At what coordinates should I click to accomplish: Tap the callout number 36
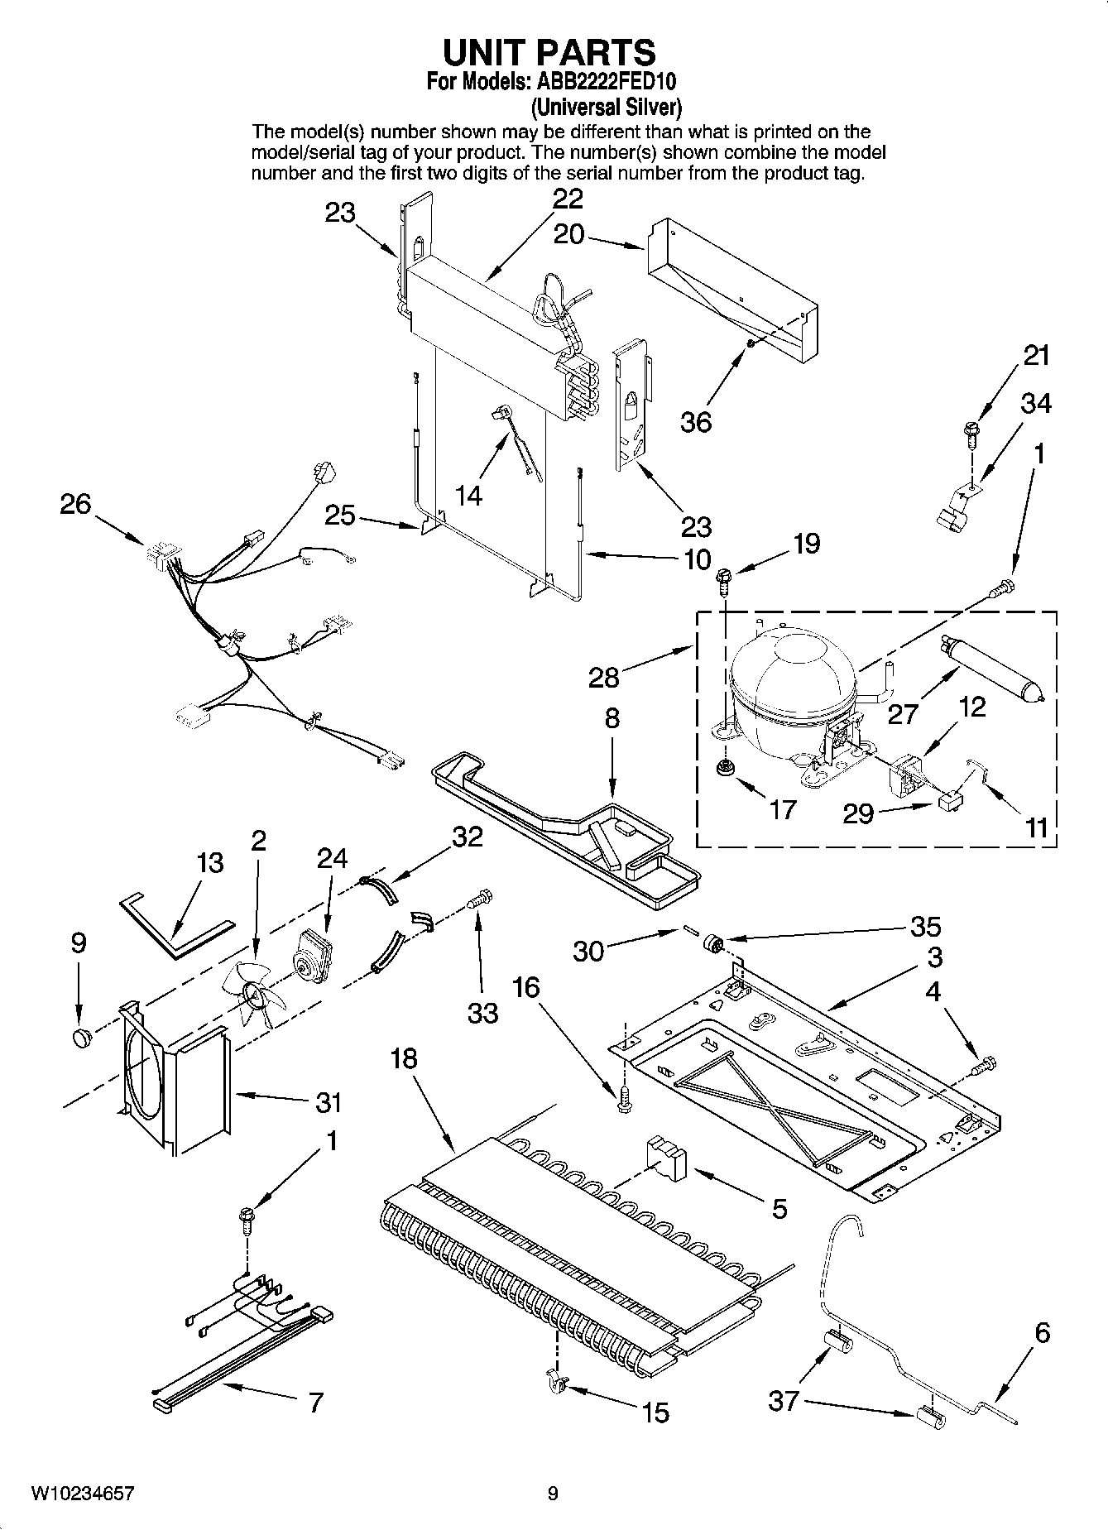pos(696,422)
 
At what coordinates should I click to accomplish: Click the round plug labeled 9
pos(80,1037)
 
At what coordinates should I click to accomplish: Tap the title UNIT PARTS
pos(549,51)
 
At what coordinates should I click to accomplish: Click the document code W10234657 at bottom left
pos(82,1494)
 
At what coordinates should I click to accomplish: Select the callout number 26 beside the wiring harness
pos(75,503)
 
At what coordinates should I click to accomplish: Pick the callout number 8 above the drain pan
pos(612,717)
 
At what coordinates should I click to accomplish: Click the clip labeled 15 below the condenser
pos(555,1381)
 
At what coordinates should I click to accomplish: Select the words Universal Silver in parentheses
pos(606,107)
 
